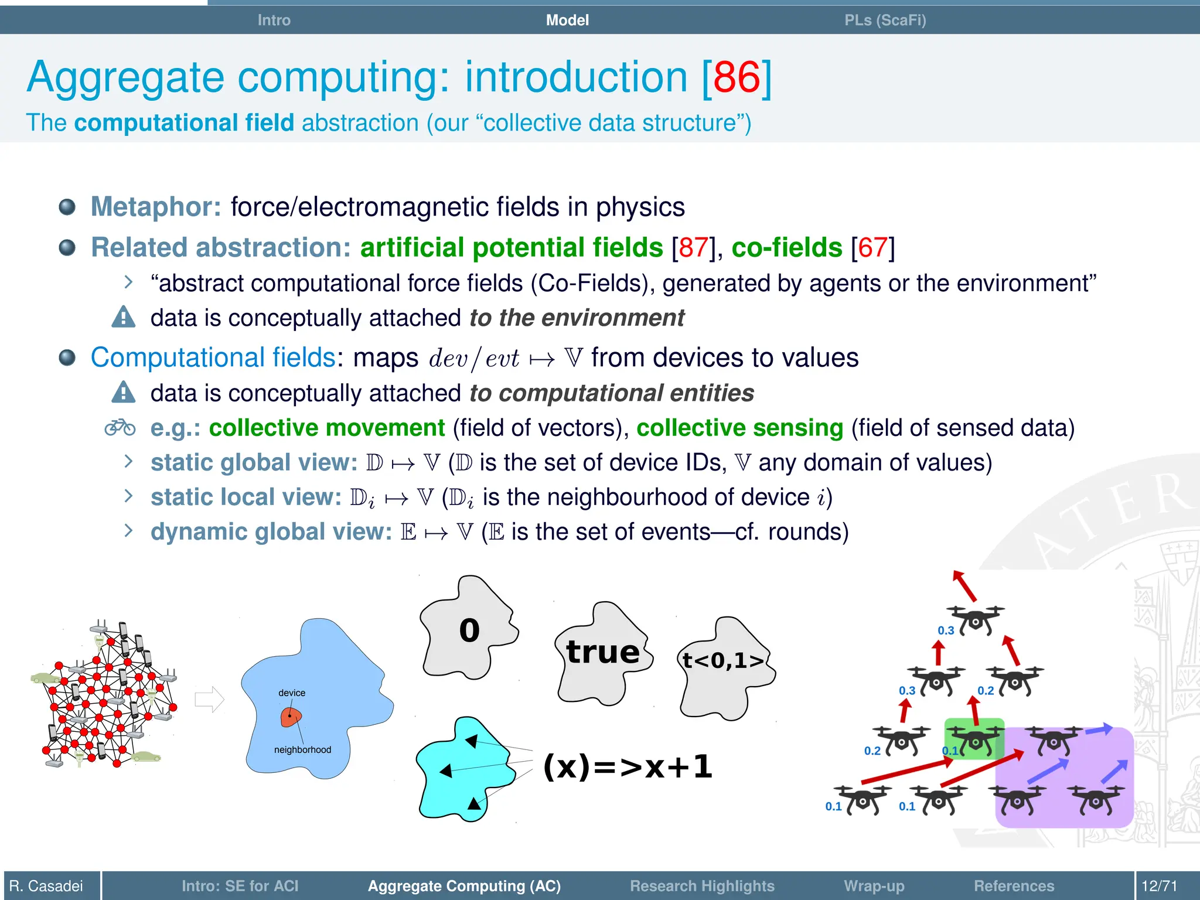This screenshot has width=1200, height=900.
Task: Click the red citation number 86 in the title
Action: [x=737, y=77]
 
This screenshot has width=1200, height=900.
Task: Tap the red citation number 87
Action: [x=693, y=248]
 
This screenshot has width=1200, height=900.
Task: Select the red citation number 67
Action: [x=872, y=248]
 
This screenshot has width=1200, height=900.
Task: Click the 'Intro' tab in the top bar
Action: [x=274, y=21]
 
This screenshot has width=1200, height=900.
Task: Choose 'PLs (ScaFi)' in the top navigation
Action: [x=885, y=21]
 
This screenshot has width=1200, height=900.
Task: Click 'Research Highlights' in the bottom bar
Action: [x=702, y=886]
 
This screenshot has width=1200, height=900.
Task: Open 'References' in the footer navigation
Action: [x=1014, y=886]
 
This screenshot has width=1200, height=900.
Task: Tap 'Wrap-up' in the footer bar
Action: [x=874, y=886]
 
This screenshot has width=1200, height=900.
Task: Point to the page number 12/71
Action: [x=1159, y=886]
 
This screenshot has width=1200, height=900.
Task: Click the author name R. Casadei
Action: [x=46, y=886]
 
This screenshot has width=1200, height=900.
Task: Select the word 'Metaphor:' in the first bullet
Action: [x=156, y=207]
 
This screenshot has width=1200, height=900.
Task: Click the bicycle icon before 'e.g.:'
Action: [x=120, y=428]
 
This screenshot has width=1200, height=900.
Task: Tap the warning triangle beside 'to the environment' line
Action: [x=124, y=317]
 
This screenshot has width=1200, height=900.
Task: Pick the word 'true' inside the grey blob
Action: [x=603, y=652]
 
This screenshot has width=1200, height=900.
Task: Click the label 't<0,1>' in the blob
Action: [x=724, y=661]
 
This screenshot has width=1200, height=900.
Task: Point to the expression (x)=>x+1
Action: [x=628, y=766]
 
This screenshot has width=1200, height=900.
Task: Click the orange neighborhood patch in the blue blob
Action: [x=291, y=717]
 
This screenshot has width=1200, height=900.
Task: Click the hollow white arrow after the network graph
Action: [x=209, y=699]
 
